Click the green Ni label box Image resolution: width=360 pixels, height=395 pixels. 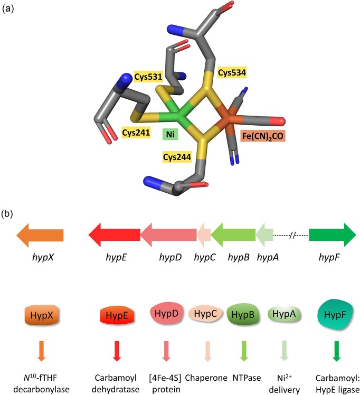point(170,134)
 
